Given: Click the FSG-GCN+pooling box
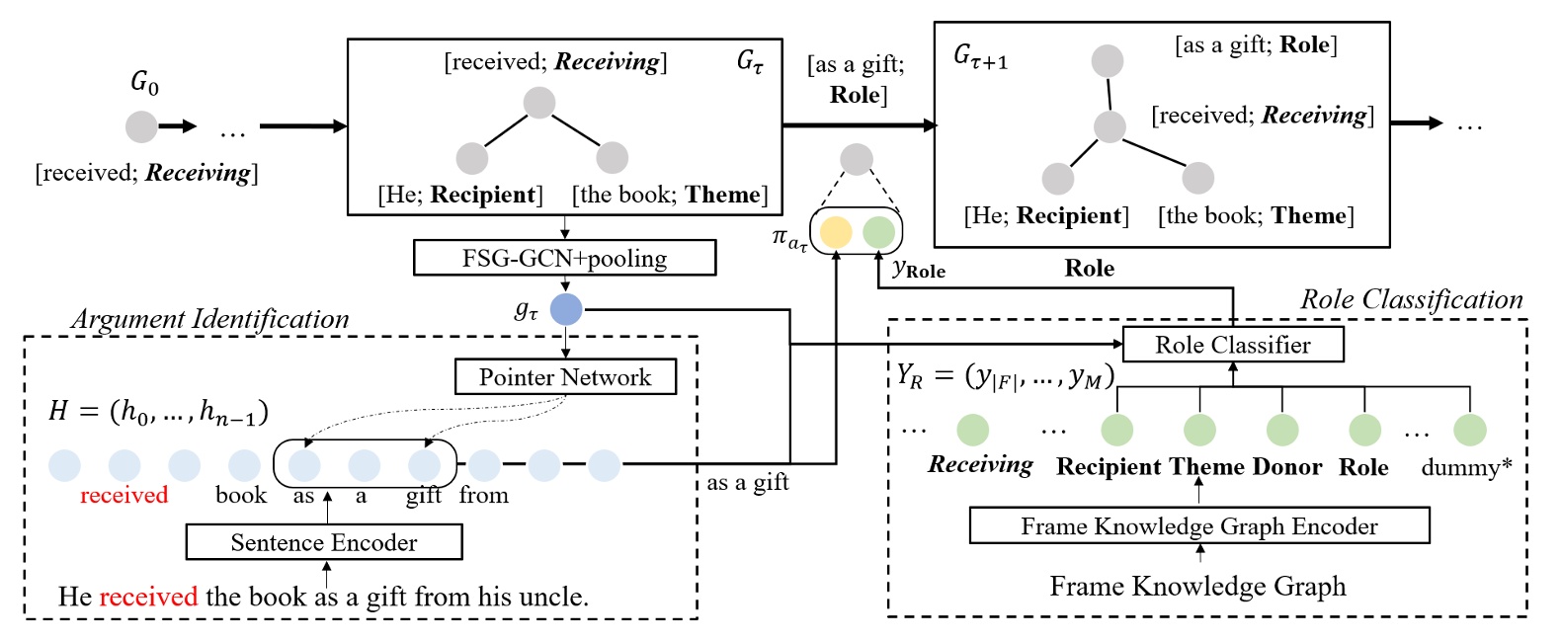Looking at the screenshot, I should pos(564,258).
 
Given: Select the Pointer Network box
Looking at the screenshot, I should pos(565,376).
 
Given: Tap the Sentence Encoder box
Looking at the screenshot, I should pos(324,542).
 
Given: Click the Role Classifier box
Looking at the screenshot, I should pos(1232,345).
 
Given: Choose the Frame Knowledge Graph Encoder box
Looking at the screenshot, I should pos(1198,526).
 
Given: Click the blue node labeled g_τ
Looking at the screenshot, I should pos(566,309).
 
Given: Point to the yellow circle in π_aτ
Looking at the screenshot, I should pos(836,232).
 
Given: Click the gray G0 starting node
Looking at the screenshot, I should pos(141,126).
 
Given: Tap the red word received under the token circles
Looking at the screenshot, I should pos(123,495).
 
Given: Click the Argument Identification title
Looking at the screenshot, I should pos(209,319).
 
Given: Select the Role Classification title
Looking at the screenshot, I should pos(1411,299).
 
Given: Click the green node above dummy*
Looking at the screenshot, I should pos(1469,430).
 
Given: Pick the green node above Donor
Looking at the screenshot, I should pos(1281,430).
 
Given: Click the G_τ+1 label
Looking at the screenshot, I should pos(980,57).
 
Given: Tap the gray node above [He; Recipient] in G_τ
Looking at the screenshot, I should pos(472,158).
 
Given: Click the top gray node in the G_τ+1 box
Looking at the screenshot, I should pos(1107,61).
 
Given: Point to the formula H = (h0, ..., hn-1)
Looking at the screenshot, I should pos(158,410).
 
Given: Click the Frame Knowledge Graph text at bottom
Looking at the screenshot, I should pos(1197,587).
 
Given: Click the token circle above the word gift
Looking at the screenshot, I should pos(424,465).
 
